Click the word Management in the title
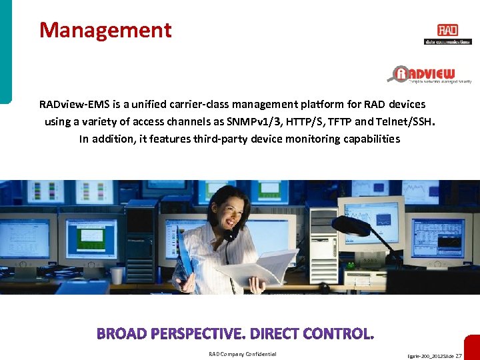point(105,30)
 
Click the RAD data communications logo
point(447,33)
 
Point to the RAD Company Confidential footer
point(243,354)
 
